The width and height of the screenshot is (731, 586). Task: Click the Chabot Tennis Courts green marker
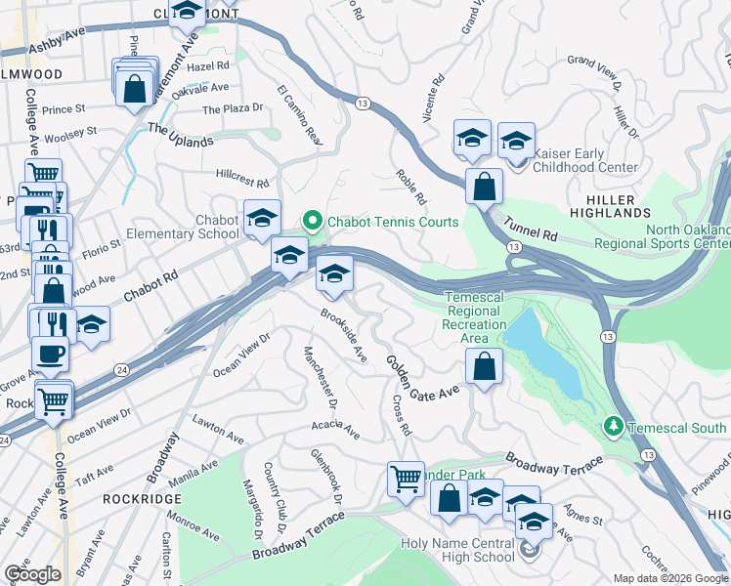313,222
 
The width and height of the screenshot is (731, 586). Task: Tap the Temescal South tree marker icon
613,427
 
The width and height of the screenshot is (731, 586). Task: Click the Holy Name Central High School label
457,550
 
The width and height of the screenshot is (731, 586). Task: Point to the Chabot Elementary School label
183,227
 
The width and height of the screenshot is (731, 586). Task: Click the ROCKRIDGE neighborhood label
136,497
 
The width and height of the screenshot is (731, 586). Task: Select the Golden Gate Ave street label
421,377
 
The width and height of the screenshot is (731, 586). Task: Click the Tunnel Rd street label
531,230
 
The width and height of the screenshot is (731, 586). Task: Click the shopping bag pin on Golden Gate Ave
484,367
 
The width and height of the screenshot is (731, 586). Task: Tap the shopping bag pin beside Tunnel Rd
484,186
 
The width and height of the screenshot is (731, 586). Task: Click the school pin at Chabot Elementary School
262,220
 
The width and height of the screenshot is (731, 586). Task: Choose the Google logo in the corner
32,574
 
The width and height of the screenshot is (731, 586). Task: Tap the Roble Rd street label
411,187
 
